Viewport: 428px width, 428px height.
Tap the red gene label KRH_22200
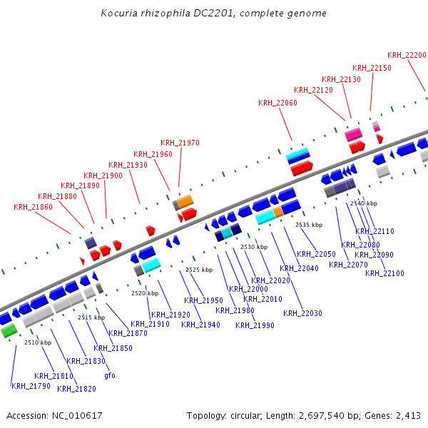pyautogui.click(x=407, y=55)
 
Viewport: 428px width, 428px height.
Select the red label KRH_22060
pyautogui.click(x=277, y=103)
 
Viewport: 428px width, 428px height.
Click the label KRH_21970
pyautogui.click(x=180, y=143)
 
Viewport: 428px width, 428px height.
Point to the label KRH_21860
pyautogui.click(x=33, y=207)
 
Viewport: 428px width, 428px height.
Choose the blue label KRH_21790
pyautogui.click(x=31, y=386)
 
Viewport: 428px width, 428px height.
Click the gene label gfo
pyautogui.click(x=110, y=375)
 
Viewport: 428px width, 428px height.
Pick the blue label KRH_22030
pyautogui.click(x=302, y=313)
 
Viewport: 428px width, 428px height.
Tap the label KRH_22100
pyautogui.click(x=384, y=273)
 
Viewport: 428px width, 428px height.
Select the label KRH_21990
pyautogui.click(x=255, y=325)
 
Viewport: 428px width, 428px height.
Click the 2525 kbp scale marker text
pyautogui.click(x=199, y=270)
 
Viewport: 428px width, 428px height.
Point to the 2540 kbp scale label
pyautogui.click(x=363, y=203)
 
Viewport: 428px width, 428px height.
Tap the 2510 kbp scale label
pyautogui.click(x=38, y=342)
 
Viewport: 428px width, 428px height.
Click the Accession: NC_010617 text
pyautogui.click(x=54, y=415)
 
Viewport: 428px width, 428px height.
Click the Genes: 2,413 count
pyautogui.click(x=397, y=415)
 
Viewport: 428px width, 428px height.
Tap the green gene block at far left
pyautogui.click(x=9, y=331)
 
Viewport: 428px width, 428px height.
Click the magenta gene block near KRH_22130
pyautogui.click(x=353, y=133)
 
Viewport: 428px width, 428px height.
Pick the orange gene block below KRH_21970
pyautogui.click(x=185, y=201)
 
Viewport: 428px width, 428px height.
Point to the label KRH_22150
pyautogui.click(x=372, y=68)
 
